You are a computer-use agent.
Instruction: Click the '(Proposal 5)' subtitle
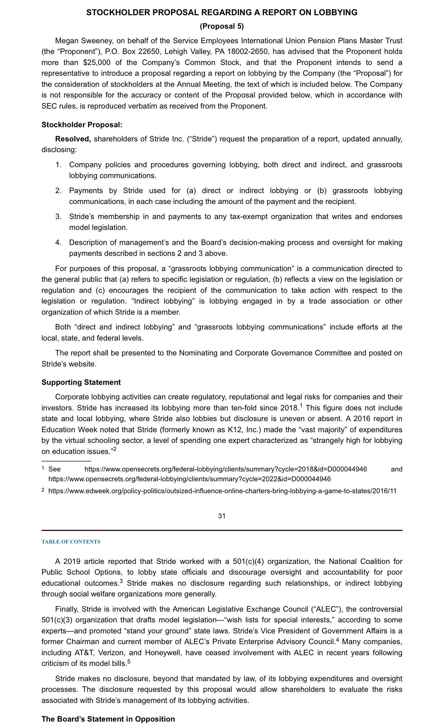tap(222, 26)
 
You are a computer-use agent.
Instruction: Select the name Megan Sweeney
tap(82, 41)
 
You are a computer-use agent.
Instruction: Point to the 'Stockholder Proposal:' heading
tap(82, 124)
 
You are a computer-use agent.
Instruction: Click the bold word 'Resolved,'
tap(73, 139)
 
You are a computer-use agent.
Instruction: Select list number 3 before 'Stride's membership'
tap(58, 217)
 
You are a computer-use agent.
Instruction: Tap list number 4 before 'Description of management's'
tap(58, 243)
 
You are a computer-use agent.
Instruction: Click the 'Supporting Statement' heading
tap(81, 382)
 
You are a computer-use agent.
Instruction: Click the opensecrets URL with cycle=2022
tap(189, 479)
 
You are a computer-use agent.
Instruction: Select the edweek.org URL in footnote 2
tap(222, 491)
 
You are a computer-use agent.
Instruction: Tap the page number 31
tap(222, 516)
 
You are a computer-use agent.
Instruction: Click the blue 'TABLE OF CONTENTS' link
tap(71, 542)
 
